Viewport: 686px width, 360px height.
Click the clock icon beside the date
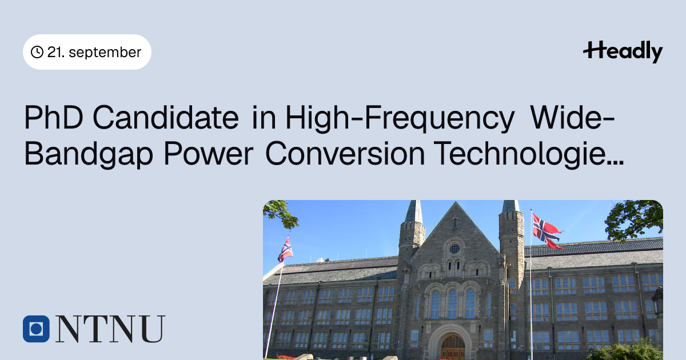click(37, 52)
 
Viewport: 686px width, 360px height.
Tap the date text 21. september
click(94, 52)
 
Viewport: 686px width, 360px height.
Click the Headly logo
click(623, 51)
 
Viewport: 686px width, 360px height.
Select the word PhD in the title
click(54, 118)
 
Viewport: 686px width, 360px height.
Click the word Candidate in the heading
click(166, 118)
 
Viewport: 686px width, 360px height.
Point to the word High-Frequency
click(400, 119)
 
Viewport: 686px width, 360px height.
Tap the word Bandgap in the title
click(89, 154)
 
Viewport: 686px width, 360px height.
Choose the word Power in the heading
click(209, 154)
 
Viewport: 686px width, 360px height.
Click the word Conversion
click(345, 153)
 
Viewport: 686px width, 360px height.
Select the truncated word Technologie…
click(529, 154)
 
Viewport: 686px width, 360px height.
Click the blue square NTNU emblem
click(36, 329)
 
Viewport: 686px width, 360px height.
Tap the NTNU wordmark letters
click(110, 329)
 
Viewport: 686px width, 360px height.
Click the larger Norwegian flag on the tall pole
click(547, 231)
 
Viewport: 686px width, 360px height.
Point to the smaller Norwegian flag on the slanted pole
click(285, 250)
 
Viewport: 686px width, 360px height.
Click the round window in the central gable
click(455, 249)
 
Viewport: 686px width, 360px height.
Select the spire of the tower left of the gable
click(414, 212)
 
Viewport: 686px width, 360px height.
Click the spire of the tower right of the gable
click(511, 206)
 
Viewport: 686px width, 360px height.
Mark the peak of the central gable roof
click(456, 202)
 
